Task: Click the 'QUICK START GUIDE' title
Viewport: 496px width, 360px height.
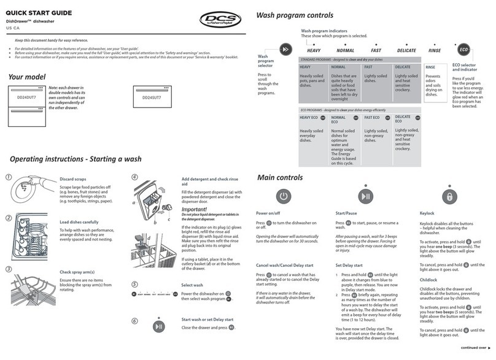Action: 39,12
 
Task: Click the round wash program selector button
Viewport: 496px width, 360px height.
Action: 285,50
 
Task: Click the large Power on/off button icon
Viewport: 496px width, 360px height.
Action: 282,197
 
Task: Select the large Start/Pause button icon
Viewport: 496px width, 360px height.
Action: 366,197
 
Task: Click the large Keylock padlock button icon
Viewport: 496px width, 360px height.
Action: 449,197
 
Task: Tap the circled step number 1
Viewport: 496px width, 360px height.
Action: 8,178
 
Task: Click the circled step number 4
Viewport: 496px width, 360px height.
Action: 134,178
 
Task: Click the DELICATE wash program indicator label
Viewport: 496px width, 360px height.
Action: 406,50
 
